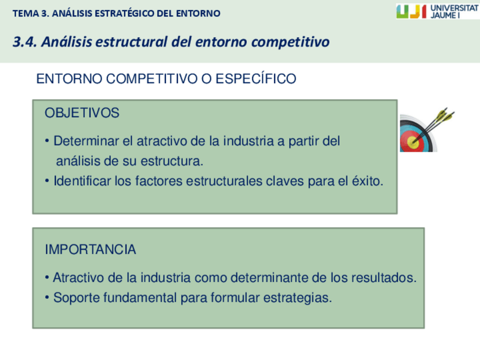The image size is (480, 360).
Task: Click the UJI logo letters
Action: (x=411, y=11)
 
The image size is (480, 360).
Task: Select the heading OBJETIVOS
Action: (x=82, y=113)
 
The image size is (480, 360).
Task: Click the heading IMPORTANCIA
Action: (x=90, y=249)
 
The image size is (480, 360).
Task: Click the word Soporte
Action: (x=74, y=298)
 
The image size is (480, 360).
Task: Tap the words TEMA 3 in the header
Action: (x=30, y=13)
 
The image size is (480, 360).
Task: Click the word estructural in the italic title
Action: (x=132, y=42)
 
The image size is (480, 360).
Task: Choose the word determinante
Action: (x=259, y=278)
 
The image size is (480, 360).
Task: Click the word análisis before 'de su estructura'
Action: (x=78, y=161)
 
